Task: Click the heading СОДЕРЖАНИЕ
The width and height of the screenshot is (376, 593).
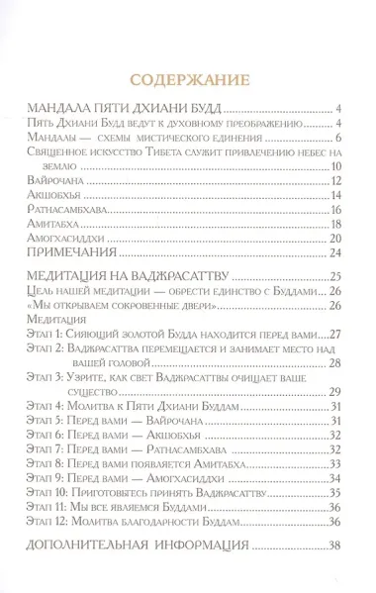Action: pyautogui.click(x=187, y=80)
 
